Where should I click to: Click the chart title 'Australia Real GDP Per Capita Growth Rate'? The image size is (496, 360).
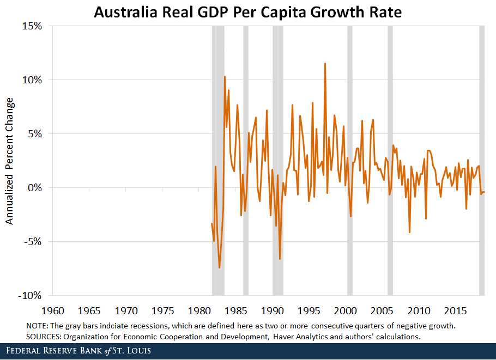(x=247, y=13)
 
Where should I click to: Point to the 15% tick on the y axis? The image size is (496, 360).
(x=32, y=26)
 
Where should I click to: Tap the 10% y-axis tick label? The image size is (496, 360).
(x=32, y=80)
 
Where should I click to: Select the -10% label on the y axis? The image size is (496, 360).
(x=31, y=295)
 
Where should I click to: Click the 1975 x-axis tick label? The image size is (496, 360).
(x=162, y=310)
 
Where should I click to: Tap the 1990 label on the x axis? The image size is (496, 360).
(x=272, y=310)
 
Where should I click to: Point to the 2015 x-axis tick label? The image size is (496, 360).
(x=455, y=310)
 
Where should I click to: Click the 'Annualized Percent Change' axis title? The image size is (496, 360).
(x=10, y=161)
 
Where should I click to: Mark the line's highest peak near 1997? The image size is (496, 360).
(x=325, y=64)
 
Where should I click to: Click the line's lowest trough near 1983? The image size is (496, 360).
(x=220, y=267)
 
